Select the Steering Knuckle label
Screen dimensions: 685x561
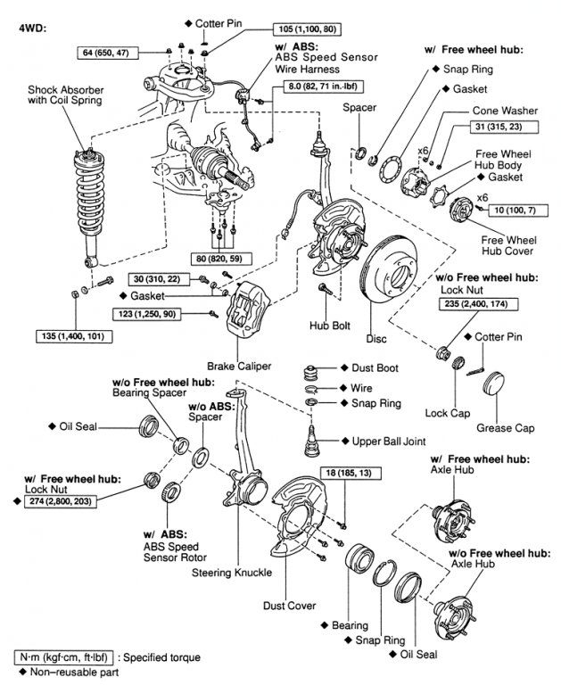236,572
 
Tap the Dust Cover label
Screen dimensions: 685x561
289,606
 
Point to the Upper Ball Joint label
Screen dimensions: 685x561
389,441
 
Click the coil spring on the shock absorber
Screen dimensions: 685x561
86,201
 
